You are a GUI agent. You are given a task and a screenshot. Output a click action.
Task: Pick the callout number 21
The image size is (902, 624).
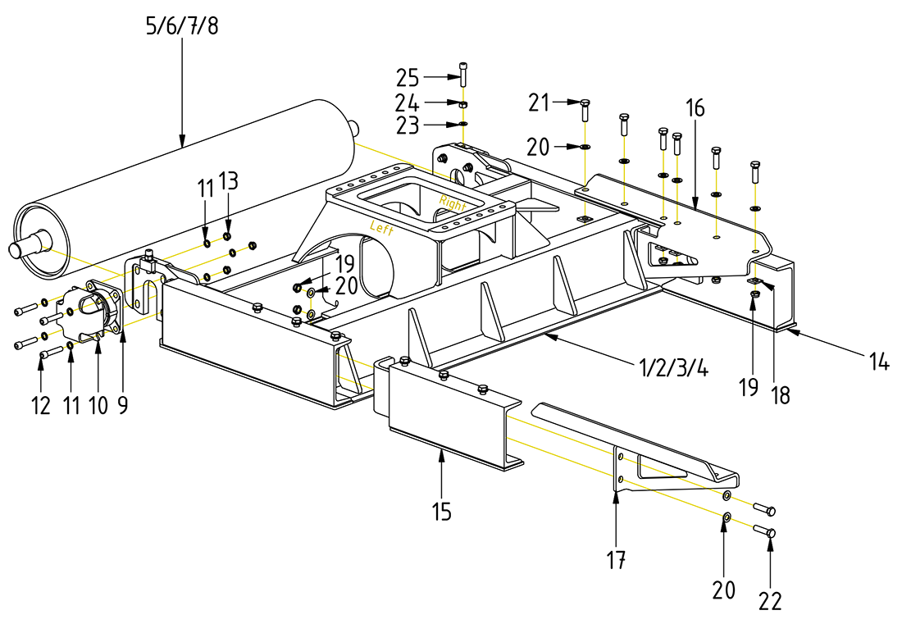538,102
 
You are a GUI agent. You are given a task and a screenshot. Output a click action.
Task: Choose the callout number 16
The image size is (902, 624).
695,107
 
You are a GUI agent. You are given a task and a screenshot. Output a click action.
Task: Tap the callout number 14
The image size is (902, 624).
879,361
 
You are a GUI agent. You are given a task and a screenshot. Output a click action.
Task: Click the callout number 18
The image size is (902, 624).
780,395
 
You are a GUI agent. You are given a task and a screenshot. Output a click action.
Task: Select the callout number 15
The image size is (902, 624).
442,512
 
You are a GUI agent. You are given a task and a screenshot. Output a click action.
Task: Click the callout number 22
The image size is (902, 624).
770,601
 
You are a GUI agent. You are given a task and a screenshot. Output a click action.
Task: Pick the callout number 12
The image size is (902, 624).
42,405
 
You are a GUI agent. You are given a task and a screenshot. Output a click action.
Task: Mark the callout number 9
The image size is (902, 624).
122,405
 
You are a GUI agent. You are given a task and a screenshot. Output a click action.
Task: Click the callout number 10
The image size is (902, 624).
98,405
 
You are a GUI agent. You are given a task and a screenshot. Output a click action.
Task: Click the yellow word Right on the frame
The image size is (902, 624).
453,202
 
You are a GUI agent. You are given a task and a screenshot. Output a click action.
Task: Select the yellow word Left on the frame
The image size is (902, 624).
383,228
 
